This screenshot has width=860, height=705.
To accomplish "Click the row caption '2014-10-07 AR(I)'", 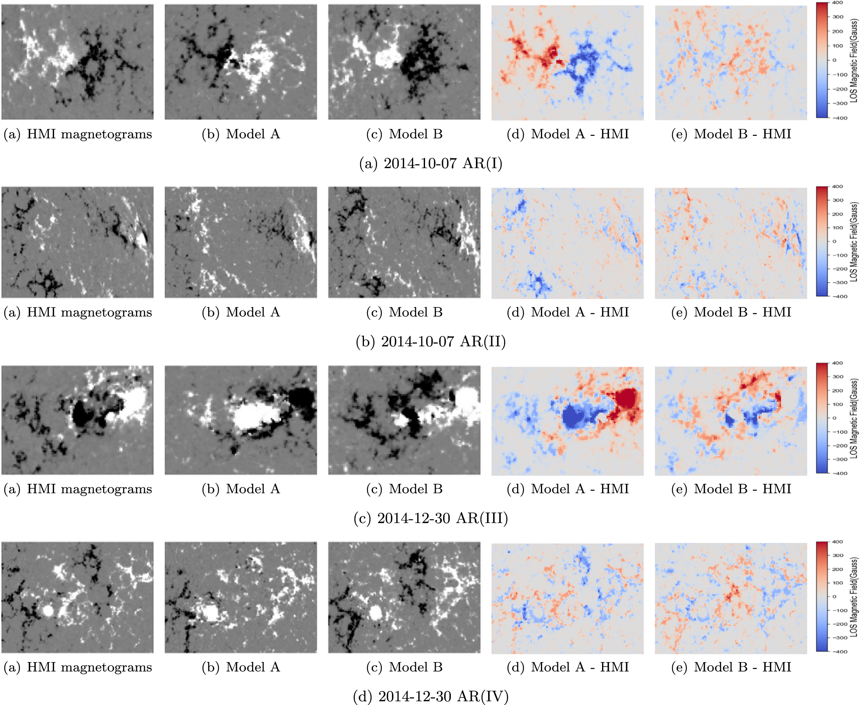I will pyautogui.click(x=431, y=163).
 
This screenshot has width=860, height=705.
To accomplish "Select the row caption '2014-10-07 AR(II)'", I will pyautogui.click(x=431, y=342).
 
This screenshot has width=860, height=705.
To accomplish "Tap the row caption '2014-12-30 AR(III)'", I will pyautogui.click(x=431, y=518).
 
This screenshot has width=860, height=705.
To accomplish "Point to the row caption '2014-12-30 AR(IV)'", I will pyautogui.click(x=431, y=696).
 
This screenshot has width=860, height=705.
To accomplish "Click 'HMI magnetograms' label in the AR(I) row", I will pyautogui.click(x=77, y=134).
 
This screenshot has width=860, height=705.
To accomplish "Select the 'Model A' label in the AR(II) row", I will pyautogui.click(x=240, y=312).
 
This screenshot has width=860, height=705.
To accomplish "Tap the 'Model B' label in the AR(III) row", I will pyautogui.click(x=404, y=489).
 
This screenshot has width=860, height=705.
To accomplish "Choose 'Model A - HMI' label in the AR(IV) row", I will pyautogui.click(x=568, y=667).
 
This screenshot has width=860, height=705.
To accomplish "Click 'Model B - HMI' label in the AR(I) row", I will pyautogui.click(x=731, y=134).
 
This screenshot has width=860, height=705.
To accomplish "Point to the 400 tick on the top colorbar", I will pyautogui.click(x=837, y=3).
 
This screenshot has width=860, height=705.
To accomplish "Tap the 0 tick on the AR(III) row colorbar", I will pyautogui.click(x=835, y=418).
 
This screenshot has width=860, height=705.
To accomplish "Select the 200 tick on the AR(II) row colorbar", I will pyautogui.click(x=837, y=214).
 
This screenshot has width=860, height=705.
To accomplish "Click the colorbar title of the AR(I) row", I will pyautogui.click(x=854, y=60).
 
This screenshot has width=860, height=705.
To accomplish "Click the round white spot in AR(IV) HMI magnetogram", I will pyautogui.click(x=48, y=610).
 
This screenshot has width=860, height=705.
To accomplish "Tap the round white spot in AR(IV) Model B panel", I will pyautogui.click(x=376, y=612).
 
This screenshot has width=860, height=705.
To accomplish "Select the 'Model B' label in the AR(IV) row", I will pyautogui.click(x=404, y=667).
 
